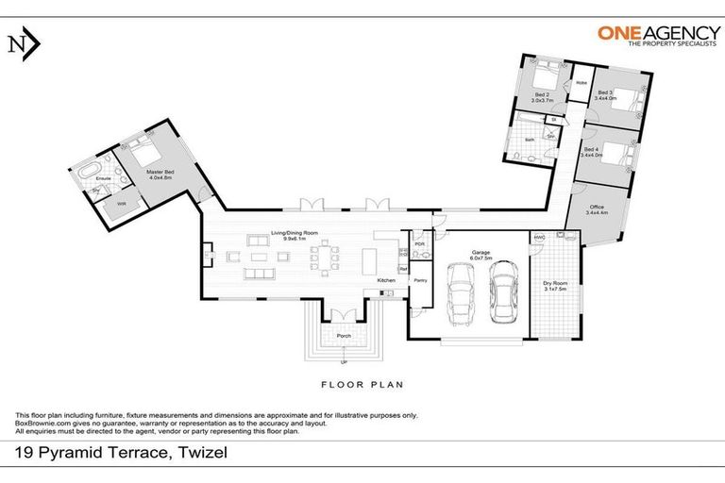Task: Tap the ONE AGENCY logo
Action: [653, 35]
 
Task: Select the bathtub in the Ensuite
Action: [89, 173]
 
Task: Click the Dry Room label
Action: [553, 283]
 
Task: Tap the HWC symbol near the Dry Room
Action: [539, 238]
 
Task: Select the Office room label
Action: [595, 208]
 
